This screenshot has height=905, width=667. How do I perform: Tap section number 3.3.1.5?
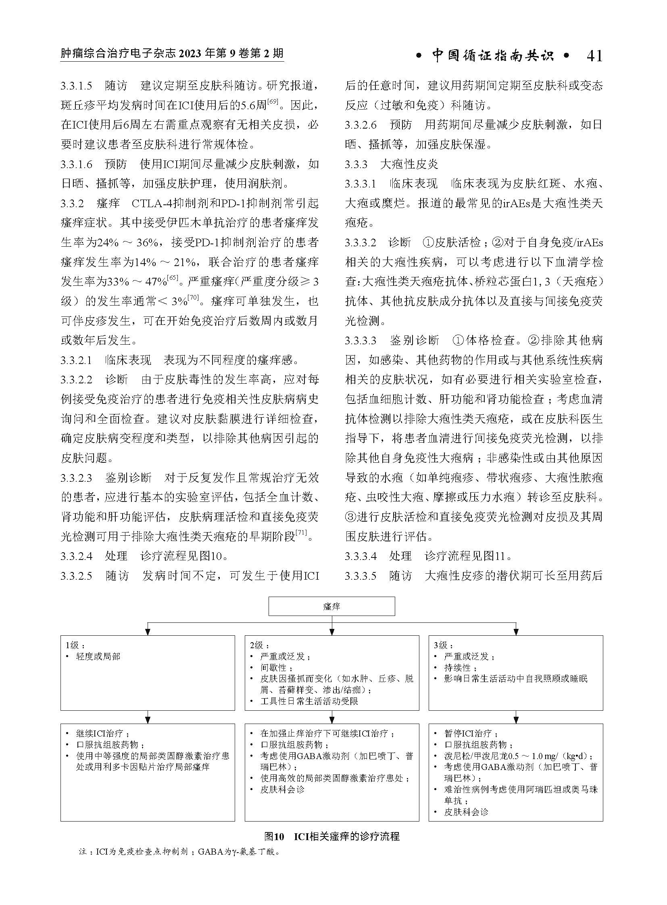pyautogui.click(x=76, y=86)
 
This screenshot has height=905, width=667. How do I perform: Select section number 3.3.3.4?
pyautogui.click(x=361, y=556)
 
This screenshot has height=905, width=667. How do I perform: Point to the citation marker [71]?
pyautogui.click(x=301, y=533)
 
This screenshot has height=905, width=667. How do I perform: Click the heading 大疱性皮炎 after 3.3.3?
pyautogui.click(x=409, y=164)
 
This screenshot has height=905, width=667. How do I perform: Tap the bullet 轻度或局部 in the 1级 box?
pyautogui.click(x=98, y=657)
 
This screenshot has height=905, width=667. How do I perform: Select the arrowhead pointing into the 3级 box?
pyautogui.click(x=516, y=632)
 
